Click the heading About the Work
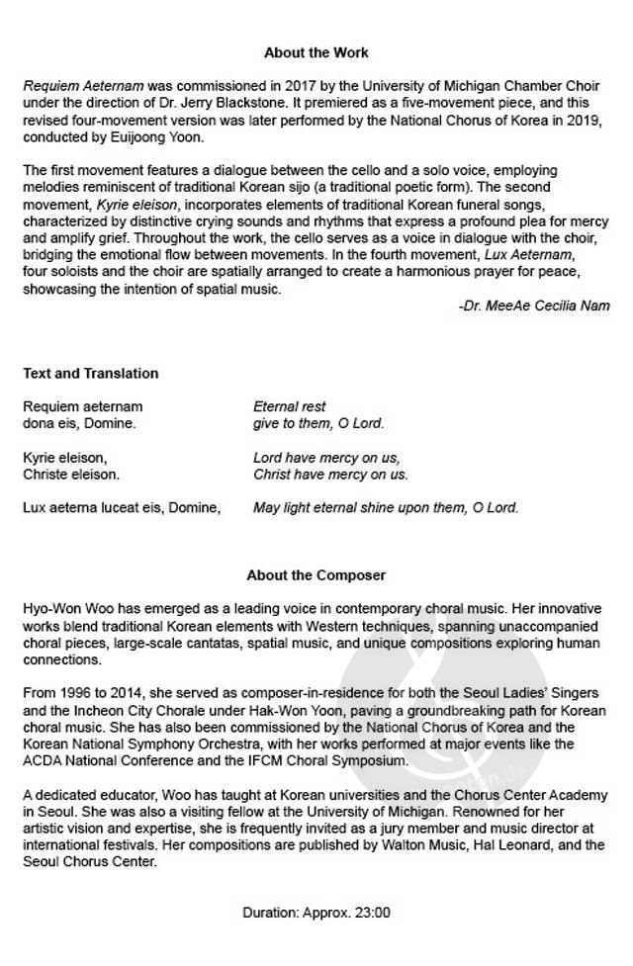pos(316,51)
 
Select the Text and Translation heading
pos(90,373)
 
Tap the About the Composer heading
pos(316,574)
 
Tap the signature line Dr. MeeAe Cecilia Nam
pos(534,306)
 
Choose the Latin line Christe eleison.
pos(71,475)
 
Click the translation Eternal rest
pos(290,406)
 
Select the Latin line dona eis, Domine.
pos(79,423)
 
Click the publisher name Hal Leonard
pos(524,844)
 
